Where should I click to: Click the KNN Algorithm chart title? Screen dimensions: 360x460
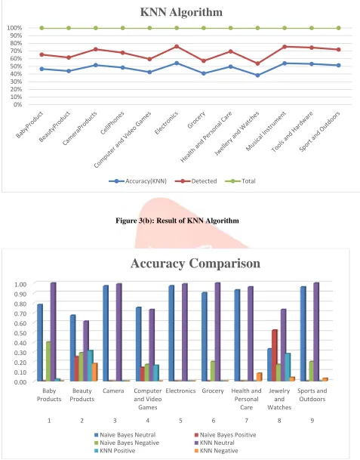pos(181,12)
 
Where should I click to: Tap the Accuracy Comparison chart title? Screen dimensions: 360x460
pos(195,263)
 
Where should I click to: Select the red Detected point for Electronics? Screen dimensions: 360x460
pos(177,47)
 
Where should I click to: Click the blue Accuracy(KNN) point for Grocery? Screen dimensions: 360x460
pos(204,73)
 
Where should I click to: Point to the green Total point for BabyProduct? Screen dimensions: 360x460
pos(42,28)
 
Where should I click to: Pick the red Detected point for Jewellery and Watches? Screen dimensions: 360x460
pos(257,63)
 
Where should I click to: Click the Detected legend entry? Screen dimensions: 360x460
pos(195,181)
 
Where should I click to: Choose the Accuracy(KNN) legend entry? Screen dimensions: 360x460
pos(138,181)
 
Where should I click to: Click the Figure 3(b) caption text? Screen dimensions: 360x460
pos(177,221)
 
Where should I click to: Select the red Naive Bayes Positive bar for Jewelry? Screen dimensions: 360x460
pos(275,355)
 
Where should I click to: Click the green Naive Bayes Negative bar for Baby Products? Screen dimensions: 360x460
pos(48,361)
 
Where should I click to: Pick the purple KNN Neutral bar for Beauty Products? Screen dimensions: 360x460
pos(86,351)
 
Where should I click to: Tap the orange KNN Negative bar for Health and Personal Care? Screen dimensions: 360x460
pos(260,377)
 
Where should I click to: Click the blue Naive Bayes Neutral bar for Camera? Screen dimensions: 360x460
pos(106,333)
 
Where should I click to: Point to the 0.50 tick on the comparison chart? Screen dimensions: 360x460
pos(20,332)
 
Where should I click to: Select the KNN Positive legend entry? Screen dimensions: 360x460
pos(115,451)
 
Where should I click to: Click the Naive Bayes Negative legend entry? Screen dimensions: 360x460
pos(127,443)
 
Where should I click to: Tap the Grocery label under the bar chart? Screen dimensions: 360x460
pos(213,391)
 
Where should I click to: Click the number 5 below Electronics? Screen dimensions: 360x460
pos(180,421)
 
